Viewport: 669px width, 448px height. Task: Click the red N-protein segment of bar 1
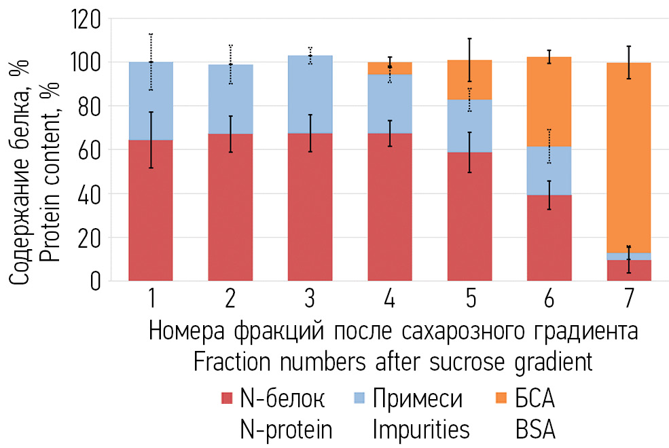[150, 210]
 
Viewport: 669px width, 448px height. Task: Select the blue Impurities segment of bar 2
[230, 99]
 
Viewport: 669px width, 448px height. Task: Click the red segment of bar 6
[549, 238]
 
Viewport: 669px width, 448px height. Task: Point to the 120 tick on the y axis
[85, 20]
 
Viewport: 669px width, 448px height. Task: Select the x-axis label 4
[390, 299]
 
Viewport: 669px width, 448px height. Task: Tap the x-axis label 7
[629, 299]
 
